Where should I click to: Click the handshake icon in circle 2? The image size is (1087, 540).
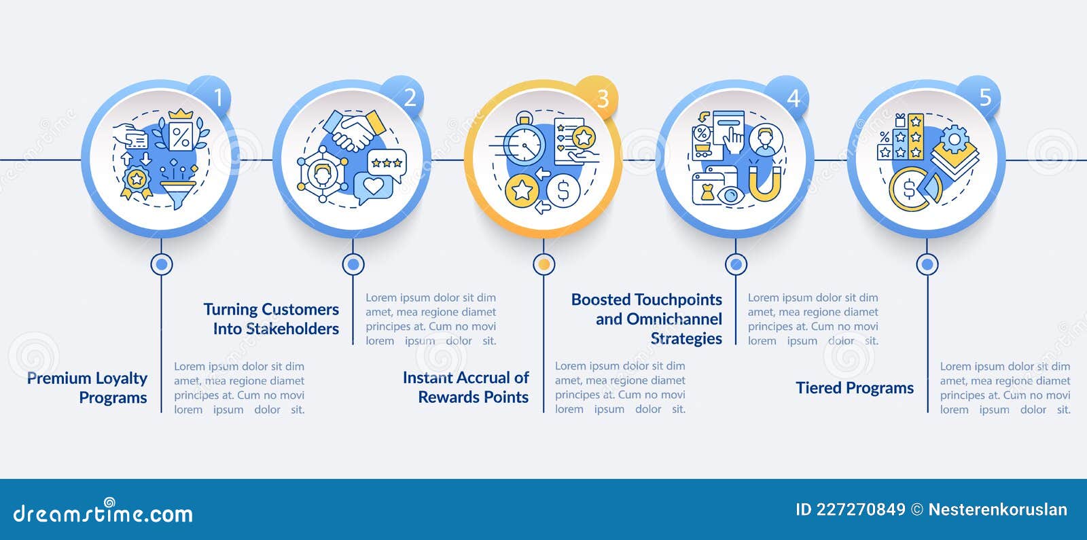pos(354,130)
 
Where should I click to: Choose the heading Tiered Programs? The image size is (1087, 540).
pos(855,388)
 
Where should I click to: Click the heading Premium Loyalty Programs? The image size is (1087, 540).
pos(88,388)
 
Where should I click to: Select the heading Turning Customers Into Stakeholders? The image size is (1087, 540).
pos(271,319)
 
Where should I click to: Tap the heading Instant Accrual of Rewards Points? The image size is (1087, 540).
pos(466,387)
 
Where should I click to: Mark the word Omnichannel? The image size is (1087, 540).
pos(674,319)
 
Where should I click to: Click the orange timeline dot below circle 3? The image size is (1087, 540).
pos(544,264)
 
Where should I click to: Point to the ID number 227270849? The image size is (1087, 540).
pos(861,510)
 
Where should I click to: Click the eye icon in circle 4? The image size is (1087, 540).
pos(730,196)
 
